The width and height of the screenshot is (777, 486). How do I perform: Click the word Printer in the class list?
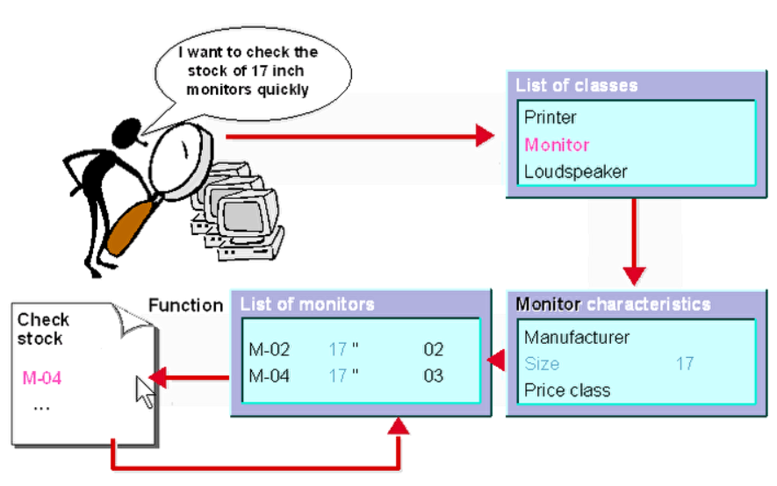pos(550,117)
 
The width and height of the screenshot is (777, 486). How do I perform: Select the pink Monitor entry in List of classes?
pos(557,145)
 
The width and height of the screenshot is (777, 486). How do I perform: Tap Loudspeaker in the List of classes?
pos(575,172)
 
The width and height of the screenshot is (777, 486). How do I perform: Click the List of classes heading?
pos(576,86)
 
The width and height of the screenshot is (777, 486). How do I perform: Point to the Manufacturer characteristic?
pos(577,337)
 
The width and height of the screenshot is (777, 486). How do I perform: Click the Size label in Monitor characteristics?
pos(542,363)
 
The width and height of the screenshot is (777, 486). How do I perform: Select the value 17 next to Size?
pos(685,363)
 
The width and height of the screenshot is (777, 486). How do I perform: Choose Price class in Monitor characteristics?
pos(566,390)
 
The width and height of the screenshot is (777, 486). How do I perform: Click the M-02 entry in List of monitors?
pos(270,350)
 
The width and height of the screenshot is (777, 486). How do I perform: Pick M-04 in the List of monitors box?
pos(270,376)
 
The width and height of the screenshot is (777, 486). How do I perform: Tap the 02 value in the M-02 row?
pos(434,350)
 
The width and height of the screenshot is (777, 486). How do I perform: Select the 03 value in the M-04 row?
pos(434,376)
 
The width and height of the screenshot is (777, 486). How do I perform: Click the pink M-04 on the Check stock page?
pos(42,378)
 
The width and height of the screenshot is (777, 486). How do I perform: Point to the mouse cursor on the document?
pos(144,391)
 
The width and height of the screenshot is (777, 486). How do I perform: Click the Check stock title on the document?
pos(42,329)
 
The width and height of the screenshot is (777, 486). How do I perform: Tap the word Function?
pos(185,305)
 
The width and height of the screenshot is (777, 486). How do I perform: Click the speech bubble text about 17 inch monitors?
pos(248,71)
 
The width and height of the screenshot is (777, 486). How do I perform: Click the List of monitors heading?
pos(307,304)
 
